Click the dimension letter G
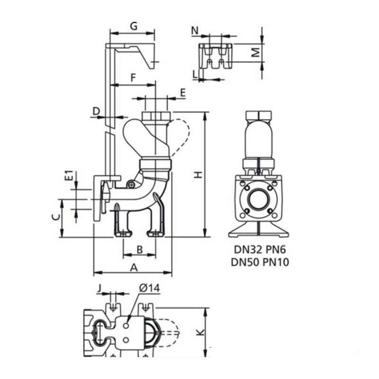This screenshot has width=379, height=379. click(134, 26)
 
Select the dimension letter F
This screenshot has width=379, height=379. click(134, 76)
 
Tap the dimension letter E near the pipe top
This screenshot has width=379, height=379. click(183, 93)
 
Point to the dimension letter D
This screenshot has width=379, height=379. click(96, 111)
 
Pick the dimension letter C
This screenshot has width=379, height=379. click(55, 217)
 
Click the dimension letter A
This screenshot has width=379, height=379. click(134, 267)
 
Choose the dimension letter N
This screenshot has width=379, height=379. click(194, 31)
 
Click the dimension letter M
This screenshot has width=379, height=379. click(255, 53)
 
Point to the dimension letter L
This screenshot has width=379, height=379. click(195, 73)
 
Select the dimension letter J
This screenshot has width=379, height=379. click(99, 288)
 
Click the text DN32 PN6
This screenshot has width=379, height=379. click(261, 250)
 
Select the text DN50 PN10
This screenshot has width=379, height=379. click(261, 262)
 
